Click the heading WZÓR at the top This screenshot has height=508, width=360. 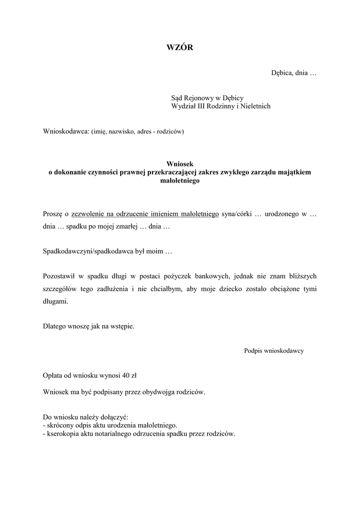pyautogui.click(x=179, y=48)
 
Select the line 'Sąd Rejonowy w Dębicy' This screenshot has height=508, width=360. pyautogui.click(x=207, y=98)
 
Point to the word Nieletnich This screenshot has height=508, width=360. pyautogui.click(x=255, y=107)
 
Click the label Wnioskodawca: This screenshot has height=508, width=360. pyautogui.click(x=66, y=131)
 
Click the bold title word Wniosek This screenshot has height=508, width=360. pyautogui.click(x=179, y=164)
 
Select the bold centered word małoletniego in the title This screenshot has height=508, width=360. pyautogui.click(x=179, y=181)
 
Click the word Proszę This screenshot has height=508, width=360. pyautogui.click(x=53, y=214)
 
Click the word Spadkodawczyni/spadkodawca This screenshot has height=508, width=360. pyautogui.click(x=86, y=252)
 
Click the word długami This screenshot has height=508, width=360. pyautogui.click(x=56, y=302)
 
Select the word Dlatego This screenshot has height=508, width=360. pyautogui.click(x=55, y=326)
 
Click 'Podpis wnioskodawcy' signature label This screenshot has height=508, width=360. pyautogui.click(x=274, y=351)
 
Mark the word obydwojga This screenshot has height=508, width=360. pyautogui.click(x=159, y=392)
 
